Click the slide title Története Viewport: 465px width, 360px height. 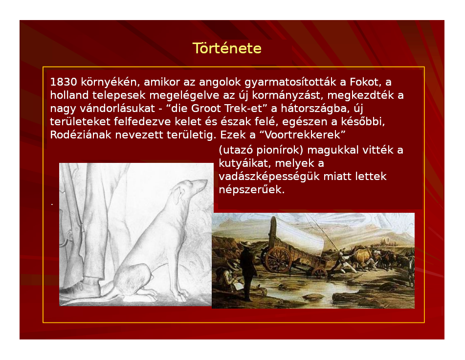point(227,48)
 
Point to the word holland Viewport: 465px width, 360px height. point(69,95)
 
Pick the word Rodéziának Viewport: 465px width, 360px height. point(81,135)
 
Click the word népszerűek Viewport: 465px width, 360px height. point(252,190)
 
